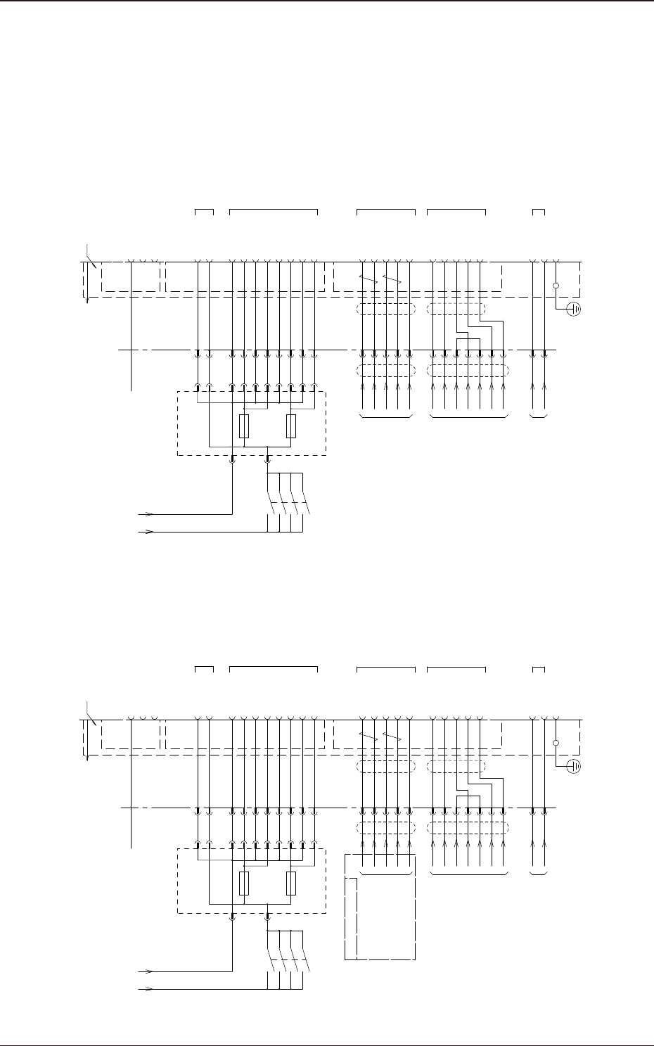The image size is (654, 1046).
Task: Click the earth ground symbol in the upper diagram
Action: (574, 309)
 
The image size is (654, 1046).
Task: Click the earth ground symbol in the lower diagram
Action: (574, 766)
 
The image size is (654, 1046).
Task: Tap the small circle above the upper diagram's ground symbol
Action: (556, 286)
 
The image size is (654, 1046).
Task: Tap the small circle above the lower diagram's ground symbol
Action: (556, 743)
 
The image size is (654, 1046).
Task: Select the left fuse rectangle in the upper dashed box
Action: (243, 426)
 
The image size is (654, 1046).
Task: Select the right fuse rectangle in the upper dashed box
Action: (290, 426)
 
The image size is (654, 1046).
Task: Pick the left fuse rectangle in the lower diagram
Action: (243, 884)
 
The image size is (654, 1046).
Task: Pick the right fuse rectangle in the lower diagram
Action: (290, 884)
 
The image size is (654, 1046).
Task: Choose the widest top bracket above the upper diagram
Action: (274, 210)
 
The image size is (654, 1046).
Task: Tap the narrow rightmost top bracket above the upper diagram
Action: (539, 210)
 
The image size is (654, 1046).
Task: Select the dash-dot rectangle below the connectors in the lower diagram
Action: (380, 907)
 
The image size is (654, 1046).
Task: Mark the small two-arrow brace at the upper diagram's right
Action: (539, 418)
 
